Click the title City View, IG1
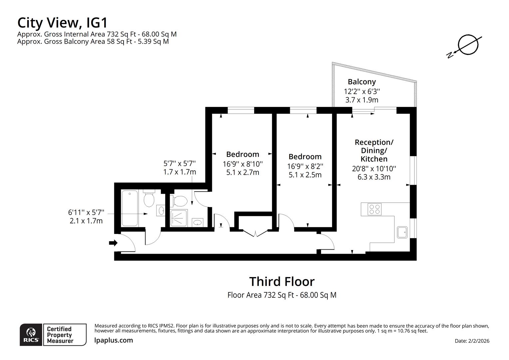(63, 23)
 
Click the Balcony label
(361, 82)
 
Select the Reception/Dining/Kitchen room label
(374, 151)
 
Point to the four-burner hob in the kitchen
(374, 209)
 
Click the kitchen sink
(402, 232)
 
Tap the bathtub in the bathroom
(130, 208)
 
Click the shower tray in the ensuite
(179, 218)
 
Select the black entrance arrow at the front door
(113, 243)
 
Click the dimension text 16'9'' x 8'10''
(243, 164)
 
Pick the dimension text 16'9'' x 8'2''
(305, 166)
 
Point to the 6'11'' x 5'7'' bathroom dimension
(86, 212)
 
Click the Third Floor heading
(282, 282)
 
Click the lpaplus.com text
(114, 340)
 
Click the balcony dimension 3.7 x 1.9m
(361, 100)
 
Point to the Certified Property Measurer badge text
(59, 335)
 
